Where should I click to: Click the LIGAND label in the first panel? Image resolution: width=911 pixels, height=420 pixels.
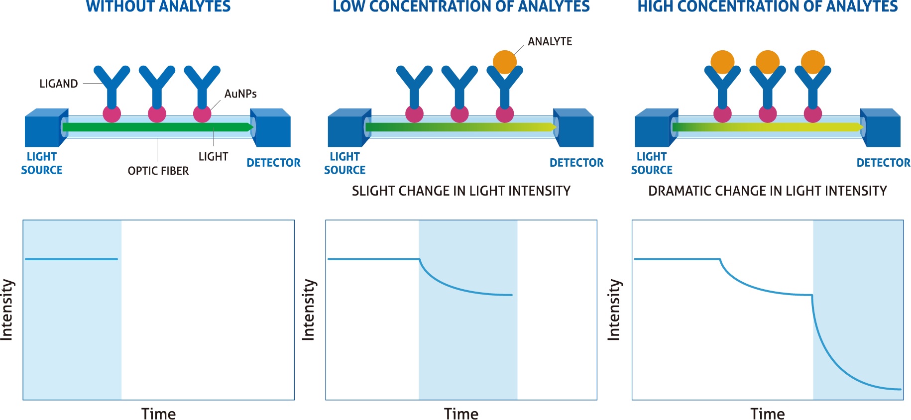59,84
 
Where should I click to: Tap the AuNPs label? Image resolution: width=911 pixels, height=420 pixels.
240,94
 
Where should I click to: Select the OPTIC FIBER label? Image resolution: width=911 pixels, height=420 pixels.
158,171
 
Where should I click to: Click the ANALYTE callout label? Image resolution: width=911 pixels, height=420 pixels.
550,41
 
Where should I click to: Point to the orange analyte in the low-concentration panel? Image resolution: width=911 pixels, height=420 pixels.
505,62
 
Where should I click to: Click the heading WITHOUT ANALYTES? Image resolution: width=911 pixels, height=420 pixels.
158,6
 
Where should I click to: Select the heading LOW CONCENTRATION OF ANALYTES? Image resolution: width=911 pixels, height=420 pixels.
461,6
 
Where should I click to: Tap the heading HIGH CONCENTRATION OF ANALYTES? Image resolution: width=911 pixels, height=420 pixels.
768,6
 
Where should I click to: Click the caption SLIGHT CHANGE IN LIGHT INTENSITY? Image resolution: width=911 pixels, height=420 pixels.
461,191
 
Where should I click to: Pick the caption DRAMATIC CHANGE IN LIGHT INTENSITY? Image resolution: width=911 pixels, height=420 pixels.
768,191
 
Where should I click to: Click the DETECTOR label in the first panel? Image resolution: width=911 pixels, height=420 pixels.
273,163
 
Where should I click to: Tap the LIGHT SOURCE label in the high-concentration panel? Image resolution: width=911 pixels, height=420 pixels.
652,163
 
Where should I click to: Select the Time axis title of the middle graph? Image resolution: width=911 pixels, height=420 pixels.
461,414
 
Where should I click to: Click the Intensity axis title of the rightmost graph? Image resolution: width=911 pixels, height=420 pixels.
614,310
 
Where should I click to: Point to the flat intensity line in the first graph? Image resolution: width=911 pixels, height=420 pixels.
71,259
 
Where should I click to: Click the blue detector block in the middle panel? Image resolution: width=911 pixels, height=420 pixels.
574,128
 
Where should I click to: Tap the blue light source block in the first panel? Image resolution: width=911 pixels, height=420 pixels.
46,128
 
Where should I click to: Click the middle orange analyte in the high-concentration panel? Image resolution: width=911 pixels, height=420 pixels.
768,62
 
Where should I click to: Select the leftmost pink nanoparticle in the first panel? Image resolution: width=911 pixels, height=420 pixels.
112,113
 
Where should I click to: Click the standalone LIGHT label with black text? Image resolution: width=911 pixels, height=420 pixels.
213,157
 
